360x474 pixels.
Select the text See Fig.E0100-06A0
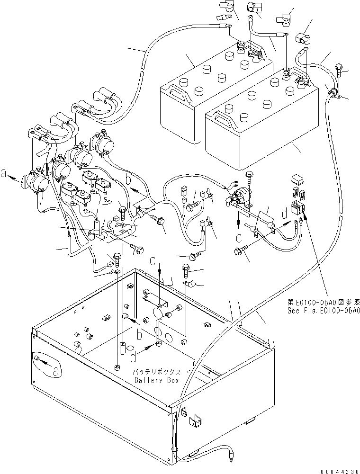[324, 311]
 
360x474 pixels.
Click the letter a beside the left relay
[4, 174]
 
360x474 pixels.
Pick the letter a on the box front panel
[56, 371]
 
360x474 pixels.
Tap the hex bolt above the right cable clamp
[339, 68]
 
